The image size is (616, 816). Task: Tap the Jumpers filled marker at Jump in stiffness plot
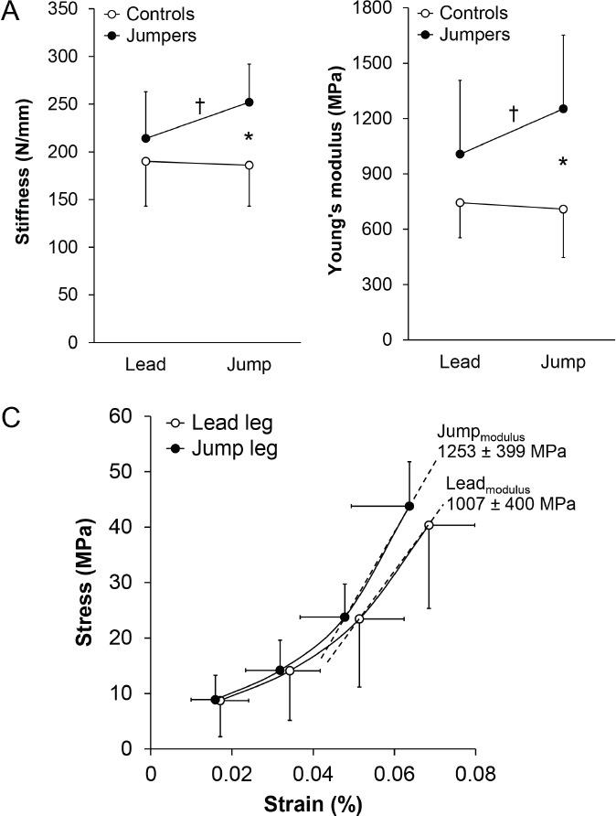pos(249,102)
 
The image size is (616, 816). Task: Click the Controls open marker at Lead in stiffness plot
pos(146,161)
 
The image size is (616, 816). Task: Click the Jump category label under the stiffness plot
pos(249,364)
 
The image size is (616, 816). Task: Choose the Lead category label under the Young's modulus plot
pos(460,361)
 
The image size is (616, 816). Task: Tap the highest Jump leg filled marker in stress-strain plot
pos(409,506)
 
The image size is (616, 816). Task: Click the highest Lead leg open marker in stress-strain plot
pos(429,525)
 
